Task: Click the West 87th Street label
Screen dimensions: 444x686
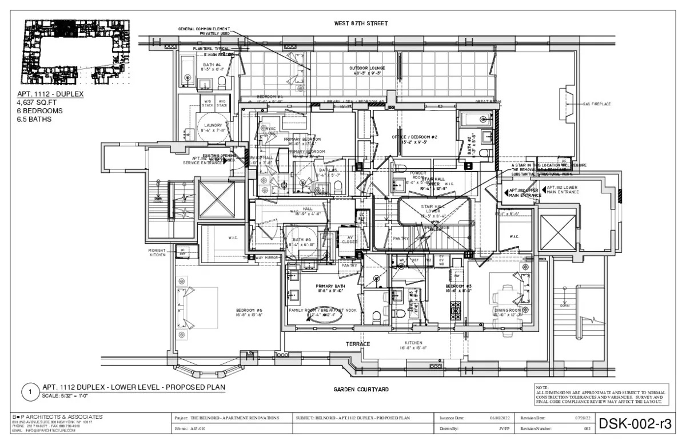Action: click(x=361, y=23)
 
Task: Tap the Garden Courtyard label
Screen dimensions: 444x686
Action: click(x=361, y=389)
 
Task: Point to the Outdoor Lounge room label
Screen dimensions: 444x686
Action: click(x=368, y=70)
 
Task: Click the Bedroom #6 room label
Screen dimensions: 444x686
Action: click(x=249, y=312)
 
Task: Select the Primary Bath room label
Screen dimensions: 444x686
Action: click(x=330, y=288)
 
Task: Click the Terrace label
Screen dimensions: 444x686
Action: click(x=358, y=344)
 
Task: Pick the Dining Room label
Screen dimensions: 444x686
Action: click(x=508, y=312)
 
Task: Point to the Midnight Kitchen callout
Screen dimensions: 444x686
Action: click(x=157, y=252)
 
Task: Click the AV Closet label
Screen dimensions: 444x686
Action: click(x=349, y=240)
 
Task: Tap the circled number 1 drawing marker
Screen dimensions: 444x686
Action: click(x=29, y=393)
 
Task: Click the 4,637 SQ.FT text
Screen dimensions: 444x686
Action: click(x=37, y=102)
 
